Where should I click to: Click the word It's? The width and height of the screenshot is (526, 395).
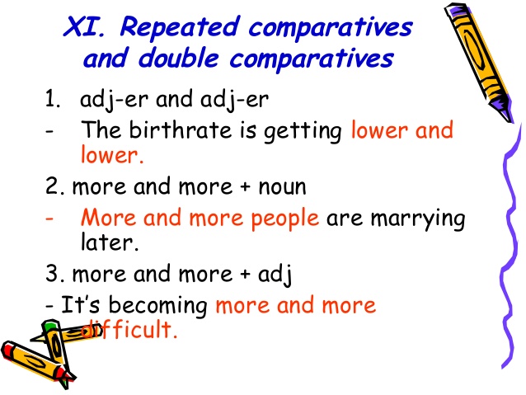77,305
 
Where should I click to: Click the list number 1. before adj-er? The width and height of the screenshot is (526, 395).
54,101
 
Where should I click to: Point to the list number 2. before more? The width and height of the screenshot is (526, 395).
54,186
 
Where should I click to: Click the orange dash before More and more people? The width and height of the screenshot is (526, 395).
51,219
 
